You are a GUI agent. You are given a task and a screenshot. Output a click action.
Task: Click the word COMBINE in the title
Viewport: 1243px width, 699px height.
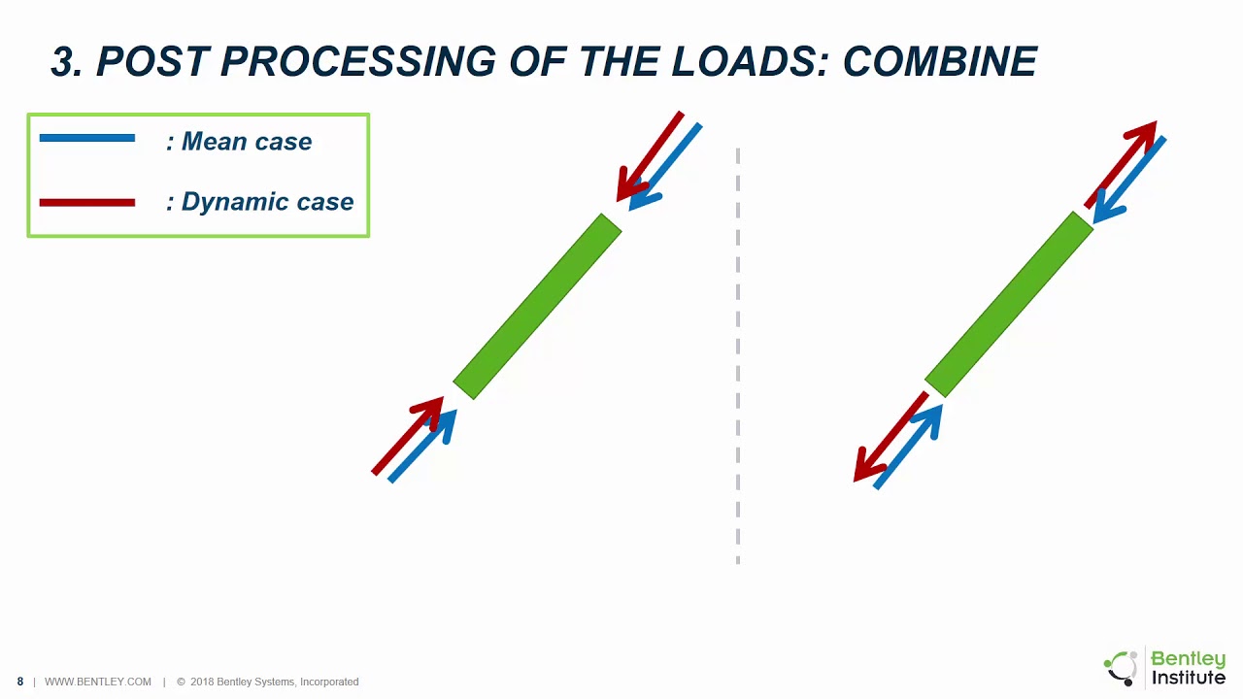(940, 61)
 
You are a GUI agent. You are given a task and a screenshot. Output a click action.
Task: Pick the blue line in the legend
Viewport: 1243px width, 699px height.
(87, 138)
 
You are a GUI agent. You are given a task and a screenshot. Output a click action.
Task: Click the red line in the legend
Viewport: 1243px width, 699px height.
(87, 203)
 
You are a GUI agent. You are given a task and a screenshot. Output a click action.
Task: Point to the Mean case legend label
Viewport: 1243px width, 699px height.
(239, 142)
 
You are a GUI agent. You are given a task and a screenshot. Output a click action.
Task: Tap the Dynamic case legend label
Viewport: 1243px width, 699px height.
(259, 201)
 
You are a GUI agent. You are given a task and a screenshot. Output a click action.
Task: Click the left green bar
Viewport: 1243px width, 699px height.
(537, 306)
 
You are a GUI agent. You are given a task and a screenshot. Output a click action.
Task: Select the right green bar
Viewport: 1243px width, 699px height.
(1009, 304)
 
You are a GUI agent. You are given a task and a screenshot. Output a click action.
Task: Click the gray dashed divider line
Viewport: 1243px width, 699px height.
(737, 355)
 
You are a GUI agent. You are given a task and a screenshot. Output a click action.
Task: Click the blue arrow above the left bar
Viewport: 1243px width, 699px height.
(665, 167)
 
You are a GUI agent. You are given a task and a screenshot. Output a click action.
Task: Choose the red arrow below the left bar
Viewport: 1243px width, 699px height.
(408, 436)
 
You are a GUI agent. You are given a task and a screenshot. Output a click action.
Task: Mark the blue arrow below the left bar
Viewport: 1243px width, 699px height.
(422, 446)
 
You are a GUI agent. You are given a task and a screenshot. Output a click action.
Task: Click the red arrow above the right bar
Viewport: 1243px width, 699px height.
(1121, 164)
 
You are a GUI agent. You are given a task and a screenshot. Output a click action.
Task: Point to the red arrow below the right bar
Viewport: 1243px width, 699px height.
(890, 437)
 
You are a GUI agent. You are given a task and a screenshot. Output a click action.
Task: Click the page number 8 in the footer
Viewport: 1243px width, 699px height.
(20, 682)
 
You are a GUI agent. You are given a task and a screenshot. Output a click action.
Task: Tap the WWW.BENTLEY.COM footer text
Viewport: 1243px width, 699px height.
(98, 682)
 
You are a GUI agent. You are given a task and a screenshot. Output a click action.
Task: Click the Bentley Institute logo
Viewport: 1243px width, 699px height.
(1164, 667)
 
